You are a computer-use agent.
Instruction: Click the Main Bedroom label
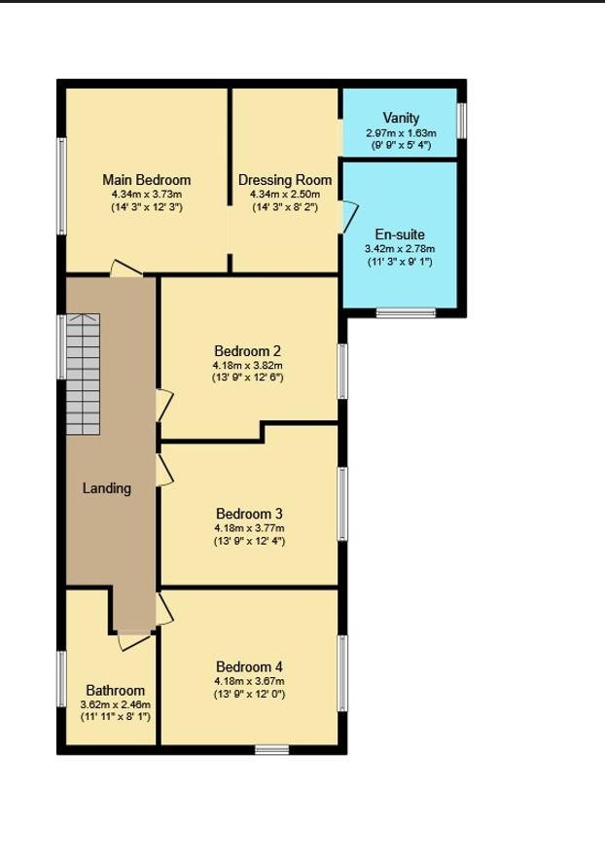(x=147, y=180)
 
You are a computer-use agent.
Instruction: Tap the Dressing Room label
(x=285, y=180)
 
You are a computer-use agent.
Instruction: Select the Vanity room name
(x=401, y=119)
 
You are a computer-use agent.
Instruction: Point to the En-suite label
(x=400, y=234)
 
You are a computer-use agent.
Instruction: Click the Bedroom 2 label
(x=248, y=351)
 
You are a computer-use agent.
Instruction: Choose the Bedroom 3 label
(x=249, y=514)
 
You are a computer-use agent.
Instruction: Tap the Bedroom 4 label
(x=249, y=666)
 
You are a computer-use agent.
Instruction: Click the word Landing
(x=107, y=488)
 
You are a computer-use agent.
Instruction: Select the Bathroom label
(x=115, y=691)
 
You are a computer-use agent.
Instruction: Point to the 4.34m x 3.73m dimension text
(x=147, y=195)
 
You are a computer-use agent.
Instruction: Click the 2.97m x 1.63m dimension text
(x=401, y=133)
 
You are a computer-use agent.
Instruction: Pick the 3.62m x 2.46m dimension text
(x=115, y=704)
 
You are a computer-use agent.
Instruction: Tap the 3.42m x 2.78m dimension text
(x=400, y=249)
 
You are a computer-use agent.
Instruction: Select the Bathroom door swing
(x=135, y=639)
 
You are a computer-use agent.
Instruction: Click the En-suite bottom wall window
(x=406, y=312)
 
